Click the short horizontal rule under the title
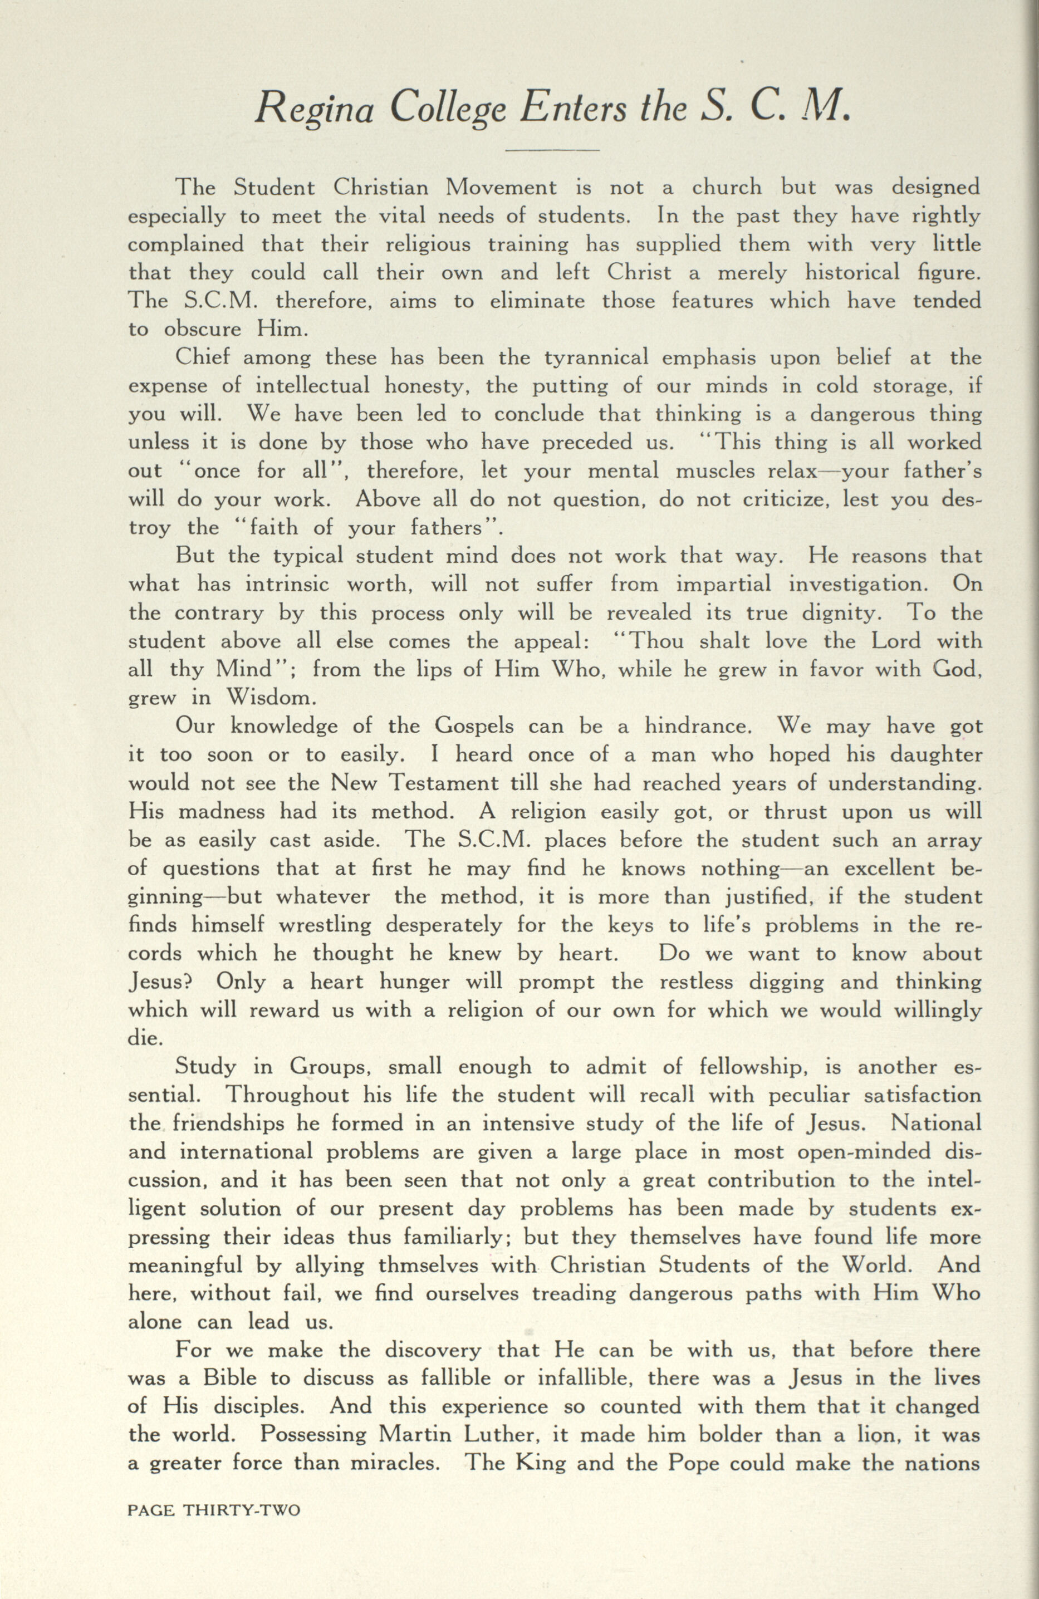(x=551, y=150)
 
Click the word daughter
(x=936, y=754)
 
